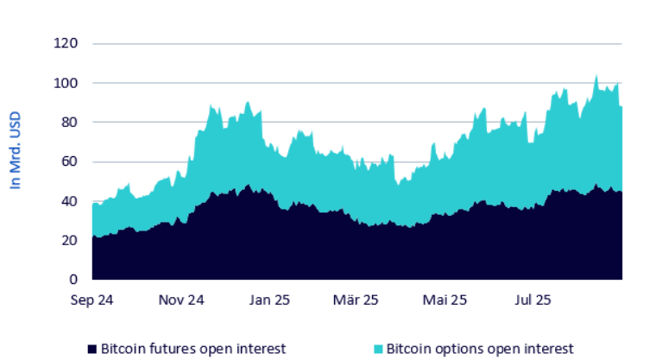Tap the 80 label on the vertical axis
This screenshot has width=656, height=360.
(71, 122)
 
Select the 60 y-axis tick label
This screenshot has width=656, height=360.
(71, 161)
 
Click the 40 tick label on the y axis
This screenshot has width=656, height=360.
(71, 201)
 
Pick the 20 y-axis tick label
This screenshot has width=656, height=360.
(71, 240)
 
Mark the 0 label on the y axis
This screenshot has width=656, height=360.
(74, 280)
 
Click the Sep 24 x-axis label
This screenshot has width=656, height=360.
(91, 301)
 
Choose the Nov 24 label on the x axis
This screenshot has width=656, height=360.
(181, 301)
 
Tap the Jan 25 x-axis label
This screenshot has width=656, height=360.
(269, 301)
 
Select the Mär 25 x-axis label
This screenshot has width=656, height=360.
(356, 301)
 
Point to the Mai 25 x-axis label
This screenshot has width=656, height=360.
(445, 301)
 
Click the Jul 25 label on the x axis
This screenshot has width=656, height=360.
(533, 301)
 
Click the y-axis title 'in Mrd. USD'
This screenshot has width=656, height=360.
(15, 150)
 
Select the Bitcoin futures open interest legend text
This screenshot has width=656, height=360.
(192, 349)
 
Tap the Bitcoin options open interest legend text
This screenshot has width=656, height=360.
(479, 349)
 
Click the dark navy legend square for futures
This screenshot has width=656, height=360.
(91, 350)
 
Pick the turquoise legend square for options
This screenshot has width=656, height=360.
(378, 350)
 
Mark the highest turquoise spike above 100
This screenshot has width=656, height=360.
(596, 76)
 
